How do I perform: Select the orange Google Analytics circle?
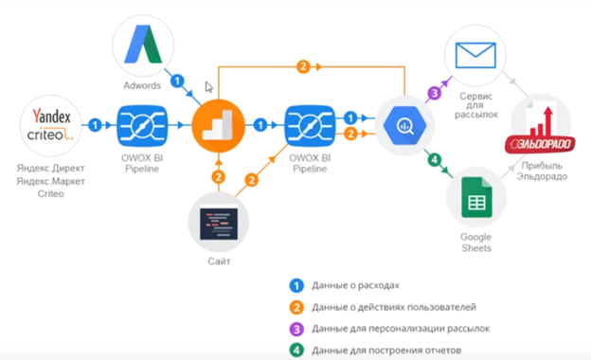coord(219,124)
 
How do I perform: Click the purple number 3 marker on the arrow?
coord(435,93)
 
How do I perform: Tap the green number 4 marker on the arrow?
coord(433,159)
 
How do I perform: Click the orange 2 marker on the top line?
coord(303,66)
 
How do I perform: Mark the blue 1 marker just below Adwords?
coord(177,81)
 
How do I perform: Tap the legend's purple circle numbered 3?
coord(297,328)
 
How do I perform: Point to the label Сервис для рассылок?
coord(476,104)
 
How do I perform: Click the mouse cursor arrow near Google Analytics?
coord(208,86)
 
